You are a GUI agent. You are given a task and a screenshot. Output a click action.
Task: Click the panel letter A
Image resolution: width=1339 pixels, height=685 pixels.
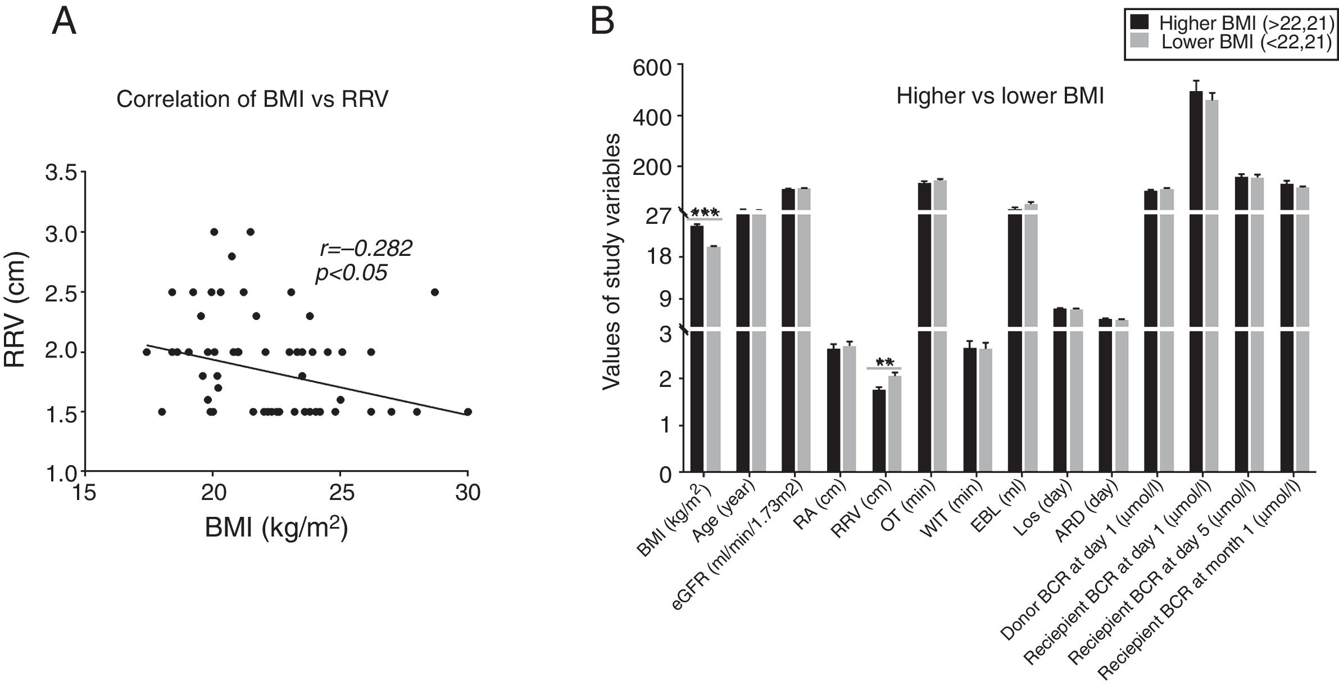click(x=63, y=22)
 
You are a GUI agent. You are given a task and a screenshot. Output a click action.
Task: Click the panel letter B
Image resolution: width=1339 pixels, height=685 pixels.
click(x=602, y=22)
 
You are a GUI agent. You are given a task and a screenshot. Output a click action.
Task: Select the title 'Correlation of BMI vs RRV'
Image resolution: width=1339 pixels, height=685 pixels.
click(x=252, y=99)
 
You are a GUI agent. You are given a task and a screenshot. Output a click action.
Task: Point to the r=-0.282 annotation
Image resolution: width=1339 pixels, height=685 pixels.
click(x=366, y=248)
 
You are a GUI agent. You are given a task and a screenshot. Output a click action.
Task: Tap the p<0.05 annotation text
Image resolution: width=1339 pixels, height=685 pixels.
click(x=351, y=273)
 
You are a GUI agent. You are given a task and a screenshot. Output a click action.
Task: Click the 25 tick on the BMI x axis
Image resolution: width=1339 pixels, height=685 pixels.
click(x=341, y=493)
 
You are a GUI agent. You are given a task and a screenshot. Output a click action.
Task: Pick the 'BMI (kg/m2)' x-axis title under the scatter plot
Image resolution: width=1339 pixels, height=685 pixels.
click(x=276, y=528)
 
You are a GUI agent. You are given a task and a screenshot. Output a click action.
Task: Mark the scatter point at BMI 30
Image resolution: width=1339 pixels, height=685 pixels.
click(x=467, y=412)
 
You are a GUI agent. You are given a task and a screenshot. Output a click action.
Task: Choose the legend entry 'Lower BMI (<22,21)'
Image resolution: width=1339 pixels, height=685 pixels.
click(x=1231, y=42)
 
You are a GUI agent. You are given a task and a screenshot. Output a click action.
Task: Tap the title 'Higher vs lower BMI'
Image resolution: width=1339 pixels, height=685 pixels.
click(x=1000, y=96)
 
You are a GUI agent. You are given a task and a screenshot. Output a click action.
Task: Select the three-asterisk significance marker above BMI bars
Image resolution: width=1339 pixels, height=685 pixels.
click(x=705, y=213)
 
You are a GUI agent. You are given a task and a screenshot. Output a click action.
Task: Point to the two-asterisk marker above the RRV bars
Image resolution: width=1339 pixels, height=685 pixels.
click(x=884, y=363)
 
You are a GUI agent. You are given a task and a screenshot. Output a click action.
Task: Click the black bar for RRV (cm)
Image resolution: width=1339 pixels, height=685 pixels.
click(x=879, y=430)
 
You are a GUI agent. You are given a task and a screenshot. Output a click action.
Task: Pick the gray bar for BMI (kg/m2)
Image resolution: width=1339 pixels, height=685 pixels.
click(x=714, y=360)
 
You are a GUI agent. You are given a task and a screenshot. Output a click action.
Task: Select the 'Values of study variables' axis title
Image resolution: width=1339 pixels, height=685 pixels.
click(x=611, y=262)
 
